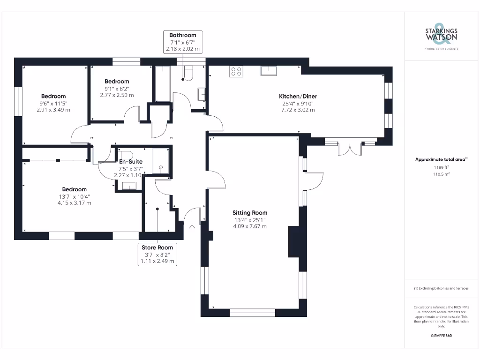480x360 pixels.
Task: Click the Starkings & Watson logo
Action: [x=441, y=36]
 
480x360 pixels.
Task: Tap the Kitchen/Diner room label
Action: [x=298, y=96]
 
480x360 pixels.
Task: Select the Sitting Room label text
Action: [x=250, y=212]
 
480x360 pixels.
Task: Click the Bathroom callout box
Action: [x=183, y=42]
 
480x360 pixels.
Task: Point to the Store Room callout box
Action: [x=157, y=255]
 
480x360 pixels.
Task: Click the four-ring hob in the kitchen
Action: [x=236, y=71]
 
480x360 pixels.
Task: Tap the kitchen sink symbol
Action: [x=269, y=71]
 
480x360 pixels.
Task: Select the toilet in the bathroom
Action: [x=188, y=73]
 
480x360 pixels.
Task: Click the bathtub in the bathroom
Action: [x=163, y=83]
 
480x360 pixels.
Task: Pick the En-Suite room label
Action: [x=131, y=161]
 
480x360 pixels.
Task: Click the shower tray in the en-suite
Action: [x=161, y=161]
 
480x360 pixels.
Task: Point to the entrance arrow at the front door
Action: [x=192, y=227]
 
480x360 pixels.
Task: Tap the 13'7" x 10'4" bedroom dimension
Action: [x=75, y=196]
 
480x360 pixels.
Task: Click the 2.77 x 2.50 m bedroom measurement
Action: [x=117, y=95]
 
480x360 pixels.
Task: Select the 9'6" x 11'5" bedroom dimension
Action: [x=53, y=104]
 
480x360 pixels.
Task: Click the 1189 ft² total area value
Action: [x=441, y=167]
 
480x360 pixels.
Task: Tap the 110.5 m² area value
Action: [x=441, y=174]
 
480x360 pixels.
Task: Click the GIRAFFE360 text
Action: [x=441, y=336]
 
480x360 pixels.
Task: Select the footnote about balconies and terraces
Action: [x=441, y=288]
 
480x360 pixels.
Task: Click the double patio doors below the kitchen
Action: [x=350, y=148]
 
